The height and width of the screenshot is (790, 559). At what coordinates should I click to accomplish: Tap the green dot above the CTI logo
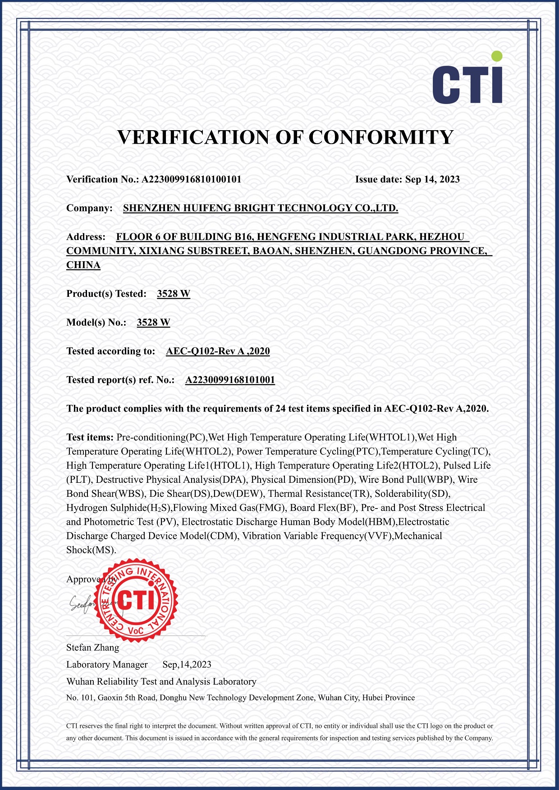[x=497, y=56]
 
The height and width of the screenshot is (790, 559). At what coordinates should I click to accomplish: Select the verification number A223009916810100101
[x=192, y=179]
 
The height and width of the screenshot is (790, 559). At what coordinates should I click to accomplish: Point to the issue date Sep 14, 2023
[x=432, y=179]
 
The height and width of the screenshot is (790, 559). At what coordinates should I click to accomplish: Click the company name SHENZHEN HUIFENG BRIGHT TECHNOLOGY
[x=261, y=208]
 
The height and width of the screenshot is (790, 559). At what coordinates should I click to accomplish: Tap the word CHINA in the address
[x=83, y=265]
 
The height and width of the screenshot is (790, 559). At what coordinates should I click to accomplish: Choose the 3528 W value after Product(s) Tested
[x=174, y=294]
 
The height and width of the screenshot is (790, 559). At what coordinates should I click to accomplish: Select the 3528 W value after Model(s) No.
[x=153, y=322]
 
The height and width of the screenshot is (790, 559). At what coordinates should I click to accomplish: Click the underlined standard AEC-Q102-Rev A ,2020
[x=218, y=351]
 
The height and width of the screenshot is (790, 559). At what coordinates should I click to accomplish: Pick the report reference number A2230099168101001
[x=230, y=380]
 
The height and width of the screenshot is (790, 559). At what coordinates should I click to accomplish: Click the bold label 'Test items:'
[x=90, y=437]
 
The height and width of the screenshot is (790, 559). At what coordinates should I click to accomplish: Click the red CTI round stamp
[x=137, y=600]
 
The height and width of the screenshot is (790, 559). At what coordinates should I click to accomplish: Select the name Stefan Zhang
[x=93, y=648]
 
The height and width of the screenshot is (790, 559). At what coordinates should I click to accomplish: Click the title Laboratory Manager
[x=107, y=665]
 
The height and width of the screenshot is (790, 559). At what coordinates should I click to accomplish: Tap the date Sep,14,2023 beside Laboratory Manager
[x=187, y=665]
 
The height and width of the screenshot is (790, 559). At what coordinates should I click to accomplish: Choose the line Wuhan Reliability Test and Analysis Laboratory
[x=161, y=681]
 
